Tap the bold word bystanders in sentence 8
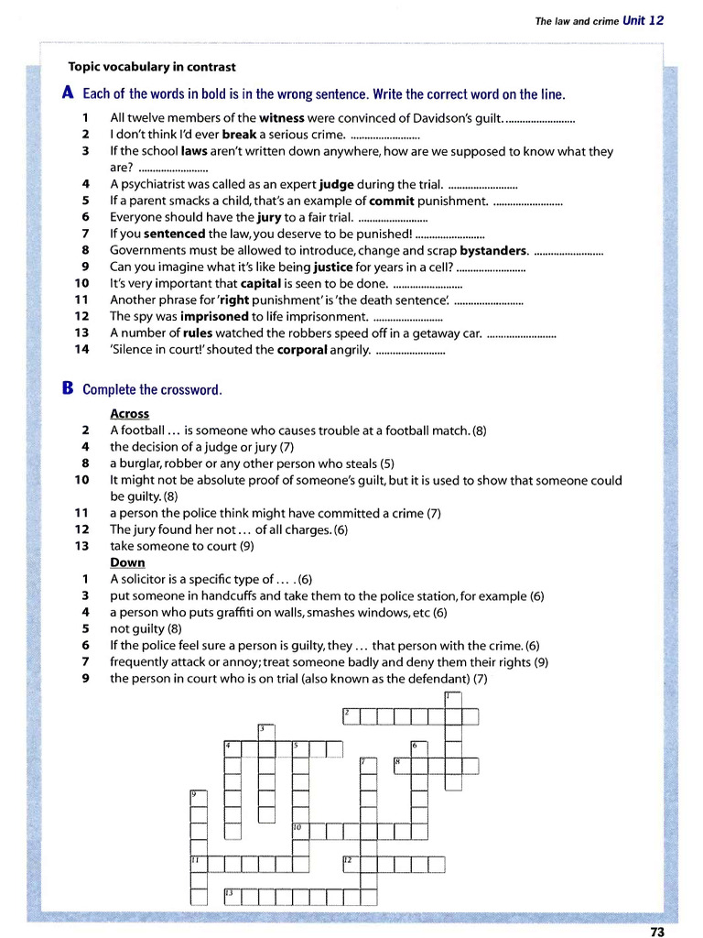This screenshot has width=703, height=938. pyautogui.click(x=493, y=250)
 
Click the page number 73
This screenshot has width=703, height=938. pyautogui.click(x=656, y=931)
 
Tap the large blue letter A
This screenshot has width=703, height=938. pyautogui.click(x=67, y=93)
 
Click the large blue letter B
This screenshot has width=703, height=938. pyautogui.click(x=67, y=388)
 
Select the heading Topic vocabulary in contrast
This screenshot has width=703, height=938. pyautogui.click(x=152, y=67)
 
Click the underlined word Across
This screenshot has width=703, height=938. pyautogui.click(x=129, y=414)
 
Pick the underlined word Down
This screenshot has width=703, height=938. pyautogui.click(x=127, y=562)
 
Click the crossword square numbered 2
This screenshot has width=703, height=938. pyautogui.click(x=351, y=715)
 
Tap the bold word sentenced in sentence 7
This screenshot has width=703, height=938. pyautogui.click(x=174, y=234)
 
